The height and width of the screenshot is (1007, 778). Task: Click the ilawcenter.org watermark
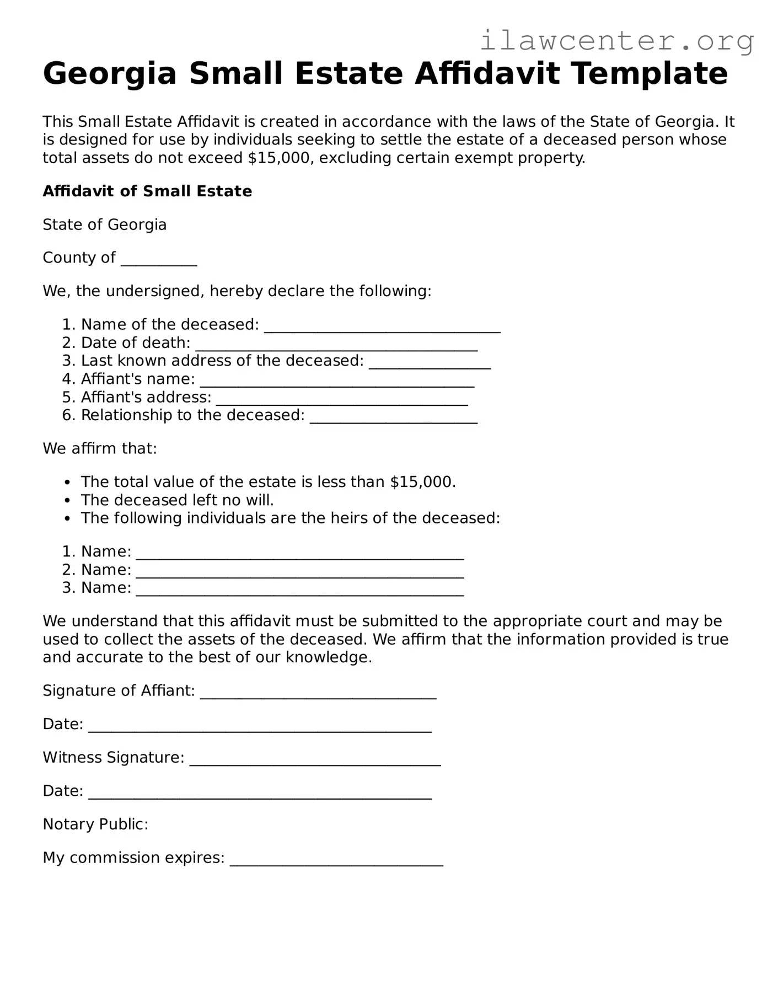(x=616, y=40)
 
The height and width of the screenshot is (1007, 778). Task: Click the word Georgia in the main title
(x=109, y=73)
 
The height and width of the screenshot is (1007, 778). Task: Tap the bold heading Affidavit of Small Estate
(x=147, y=191)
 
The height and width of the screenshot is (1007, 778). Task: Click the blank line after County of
(x=159, y=260)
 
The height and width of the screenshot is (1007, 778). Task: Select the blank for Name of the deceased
(x=382, y=327)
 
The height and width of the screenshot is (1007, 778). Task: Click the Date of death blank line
(x=336, y=345)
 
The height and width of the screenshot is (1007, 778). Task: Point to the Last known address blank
(x=430, y=363)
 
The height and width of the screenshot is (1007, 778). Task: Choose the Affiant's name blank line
(x=337, y=382)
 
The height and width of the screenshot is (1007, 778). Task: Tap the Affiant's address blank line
(x=342, y=400)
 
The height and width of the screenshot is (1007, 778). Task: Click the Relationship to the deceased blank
(x=393, y=418)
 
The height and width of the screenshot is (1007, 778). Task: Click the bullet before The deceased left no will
(x=67, y=501)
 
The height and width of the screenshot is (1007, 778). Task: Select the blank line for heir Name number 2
(x=299, y=572)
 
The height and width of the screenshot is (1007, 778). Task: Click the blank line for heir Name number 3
(x=299, y=591)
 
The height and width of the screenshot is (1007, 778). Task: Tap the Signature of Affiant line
(x=318, y=694)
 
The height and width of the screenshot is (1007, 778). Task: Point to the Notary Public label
(x=95, y=824)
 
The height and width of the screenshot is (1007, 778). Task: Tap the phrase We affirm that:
(x=100, y=449)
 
